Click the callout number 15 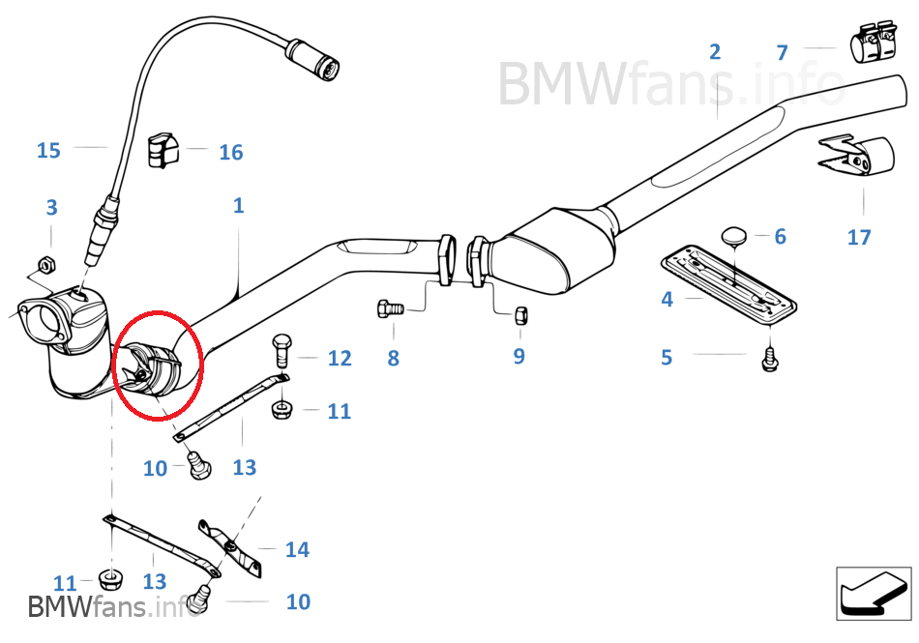(x=48, y=150)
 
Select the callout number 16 (x=230, y=152)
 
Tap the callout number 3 (x=51, y=207)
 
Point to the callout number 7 (x=782, y=52)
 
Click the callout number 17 (x=859, y=237)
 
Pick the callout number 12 (x=339, y=359)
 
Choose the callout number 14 (x=297, y=549)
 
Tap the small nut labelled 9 (x=519, y=315)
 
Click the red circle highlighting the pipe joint (x=157, y=365)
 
